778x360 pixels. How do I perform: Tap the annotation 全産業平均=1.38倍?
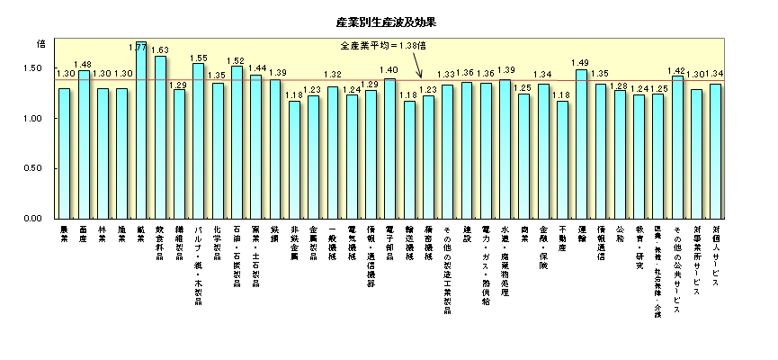click(382, 44)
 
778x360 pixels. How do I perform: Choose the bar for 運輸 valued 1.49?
click(581, 144)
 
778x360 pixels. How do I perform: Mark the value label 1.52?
click(237, 61)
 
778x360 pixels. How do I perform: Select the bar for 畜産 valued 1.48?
click(84, 144)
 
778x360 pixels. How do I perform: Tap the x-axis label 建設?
click(466, 234)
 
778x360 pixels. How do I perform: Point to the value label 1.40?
click(389, 70)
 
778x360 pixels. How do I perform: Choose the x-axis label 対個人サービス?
click(716, 256)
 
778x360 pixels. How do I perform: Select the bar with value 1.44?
click(256, 147)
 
